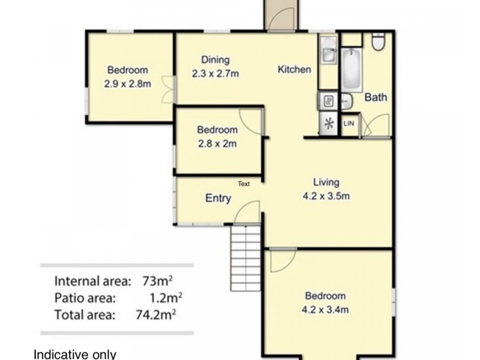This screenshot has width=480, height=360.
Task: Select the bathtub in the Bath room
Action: tap(350, 69)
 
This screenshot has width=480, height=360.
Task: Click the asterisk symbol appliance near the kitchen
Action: tap(328, 124)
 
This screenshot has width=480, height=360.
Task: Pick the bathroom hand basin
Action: tap(347, 101)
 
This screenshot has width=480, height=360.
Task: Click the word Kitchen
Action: tap(294, 70)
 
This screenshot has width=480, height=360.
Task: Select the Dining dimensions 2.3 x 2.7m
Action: tap(215, 74)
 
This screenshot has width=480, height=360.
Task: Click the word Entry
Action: tap(218, 199)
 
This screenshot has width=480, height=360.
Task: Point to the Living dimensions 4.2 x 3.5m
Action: tap(326, 196)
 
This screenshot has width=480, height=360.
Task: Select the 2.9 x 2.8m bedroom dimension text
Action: tap(127, 84)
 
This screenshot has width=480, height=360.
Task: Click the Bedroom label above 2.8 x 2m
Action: tap(217, 130)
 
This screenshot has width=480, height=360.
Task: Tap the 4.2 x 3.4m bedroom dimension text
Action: tap(325, 310)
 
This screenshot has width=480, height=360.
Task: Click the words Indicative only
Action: tap(75, 354)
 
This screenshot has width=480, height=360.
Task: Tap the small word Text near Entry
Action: tap(244, 184)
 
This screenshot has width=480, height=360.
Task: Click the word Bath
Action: tap(376, 97)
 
